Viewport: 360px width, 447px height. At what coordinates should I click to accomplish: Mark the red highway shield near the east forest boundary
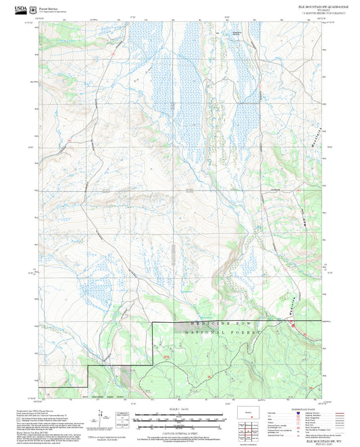click(x=294, y=327)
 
